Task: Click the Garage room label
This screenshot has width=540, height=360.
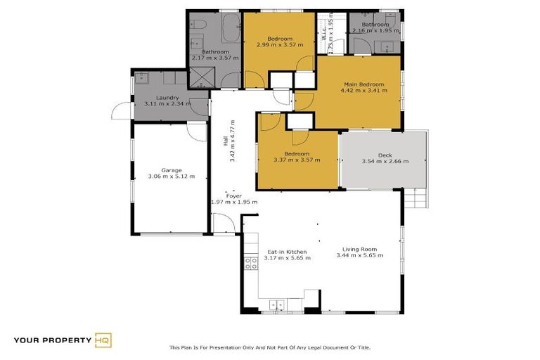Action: click(172, 170)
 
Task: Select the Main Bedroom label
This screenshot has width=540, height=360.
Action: click(362, 84)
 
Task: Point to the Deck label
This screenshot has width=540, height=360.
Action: click(385, 155)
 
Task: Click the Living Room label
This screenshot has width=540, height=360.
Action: click(359, 249)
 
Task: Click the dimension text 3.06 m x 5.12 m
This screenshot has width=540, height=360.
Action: click(172, 176)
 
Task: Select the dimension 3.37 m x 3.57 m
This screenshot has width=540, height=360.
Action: click(296, 160)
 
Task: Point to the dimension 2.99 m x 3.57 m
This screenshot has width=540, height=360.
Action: click(280, 44)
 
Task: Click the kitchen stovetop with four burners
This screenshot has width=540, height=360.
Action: click(250, 264)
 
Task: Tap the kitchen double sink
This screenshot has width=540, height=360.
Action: click(276, 305)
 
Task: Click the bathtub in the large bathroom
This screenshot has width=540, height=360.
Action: click(229, 30)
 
